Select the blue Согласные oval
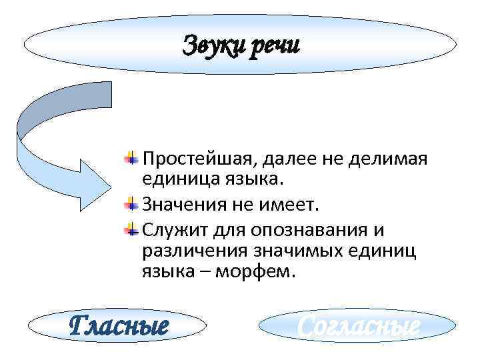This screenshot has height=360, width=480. (x=358, y=327)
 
